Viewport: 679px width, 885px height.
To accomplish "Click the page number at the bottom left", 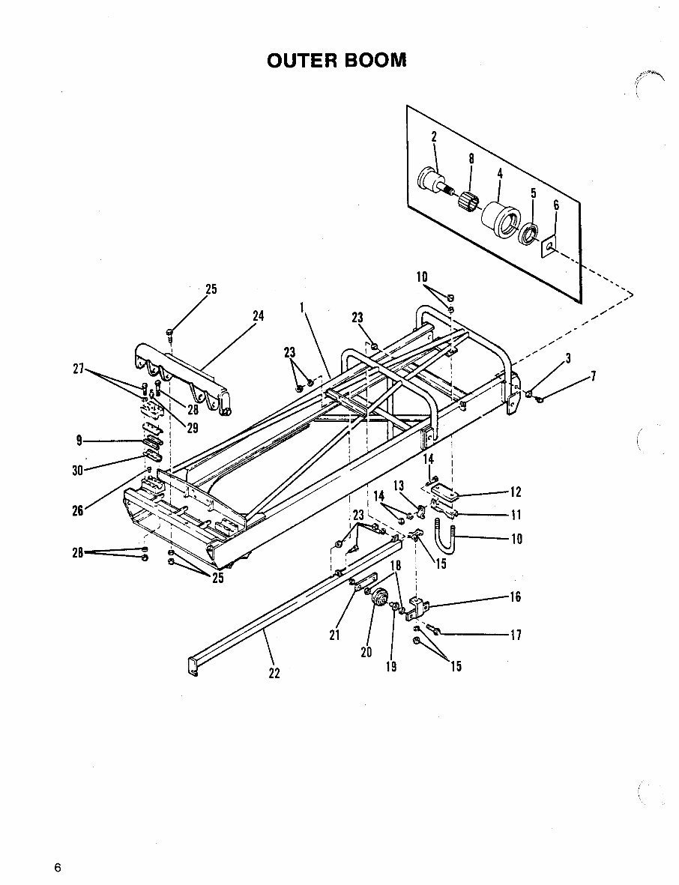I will (57, 868).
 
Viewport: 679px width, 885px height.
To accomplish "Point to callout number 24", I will (258, 317).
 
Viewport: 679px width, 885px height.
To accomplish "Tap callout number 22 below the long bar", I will (274, 673).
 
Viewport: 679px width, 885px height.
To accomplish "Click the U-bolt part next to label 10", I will (442, 538).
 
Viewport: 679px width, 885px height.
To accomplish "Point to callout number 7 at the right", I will (593, 377).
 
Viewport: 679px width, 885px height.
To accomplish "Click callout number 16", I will (516, 597).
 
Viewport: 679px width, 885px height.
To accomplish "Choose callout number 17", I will (516, 635).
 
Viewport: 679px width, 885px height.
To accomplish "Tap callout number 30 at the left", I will (78, 471).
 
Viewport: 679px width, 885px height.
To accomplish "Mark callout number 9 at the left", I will (79, 441).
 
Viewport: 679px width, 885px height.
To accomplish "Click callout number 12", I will (516, 492).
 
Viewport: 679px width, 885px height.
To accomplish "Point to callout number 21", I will (334, 635).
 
